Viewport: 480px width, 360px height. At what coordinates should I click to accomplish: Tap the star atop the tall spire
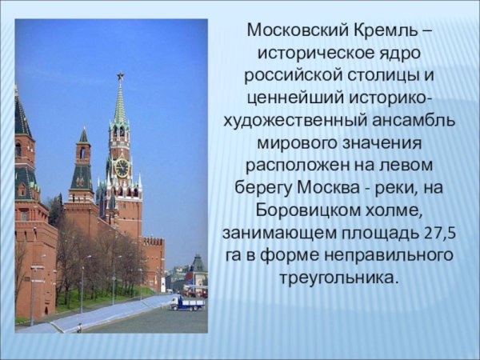(120, 77)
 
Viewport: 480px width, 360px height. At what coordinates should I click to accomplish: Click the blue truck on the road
(187, 302)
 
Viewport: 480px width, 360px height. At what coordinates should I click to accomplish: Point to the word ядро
(397, 54)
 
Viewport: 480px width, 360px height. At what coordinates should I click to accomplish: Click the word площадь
(373, 233)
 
